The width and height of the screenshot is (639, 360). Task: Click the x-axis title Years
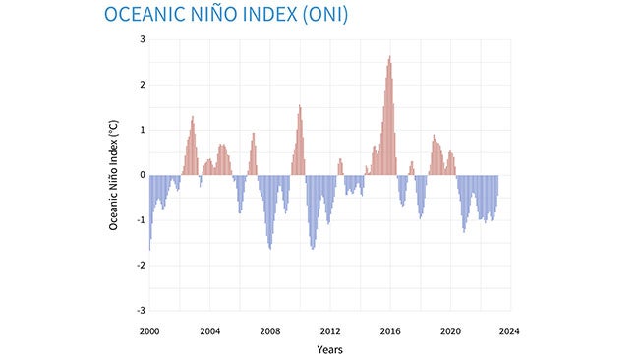(329, 349)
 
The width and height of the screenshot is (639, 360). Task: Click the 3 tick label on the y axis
(142, 39)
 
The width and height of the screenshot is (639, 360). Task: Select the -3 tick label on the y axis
(140, 311)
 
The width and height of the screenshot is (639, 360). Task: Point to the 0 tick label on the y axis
(142, 175)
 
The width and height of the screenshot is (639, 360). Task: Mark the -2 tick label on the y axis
(140, 266)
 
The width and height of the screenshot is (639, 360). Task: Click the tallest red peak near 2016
(389, 57)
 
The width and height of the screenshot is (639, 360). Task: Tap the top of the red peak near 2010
(300, 106)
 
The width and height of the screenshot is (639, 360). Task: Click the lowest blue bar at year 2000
(149, 249)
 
